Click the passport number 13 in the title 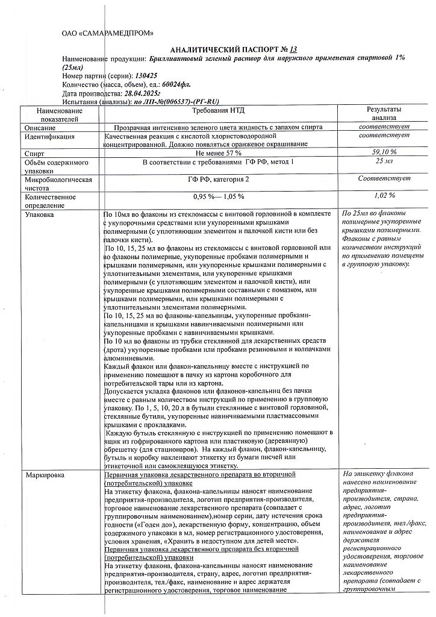click(293, 48)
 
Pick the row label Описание click(40, 128)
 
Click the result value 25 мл click(384, 162)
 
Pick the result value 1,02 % click(384, 195)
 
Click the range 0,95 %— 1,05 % click(218, 196)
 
